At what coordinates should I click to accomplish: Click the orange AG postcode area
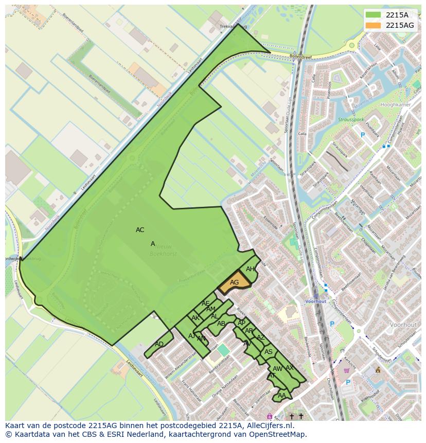234,282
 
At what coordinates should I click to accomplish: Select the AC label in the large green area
140,230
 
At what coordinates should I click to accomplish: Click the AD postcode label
159,344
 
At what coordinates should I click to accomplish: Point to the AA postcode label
281,396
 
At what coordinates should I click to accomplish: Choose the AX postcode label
290,368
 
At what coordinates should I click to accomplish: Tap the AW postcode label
277,369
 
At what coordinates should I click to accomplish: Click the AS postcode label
269,352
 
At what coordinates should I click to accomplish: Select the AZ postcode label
261,338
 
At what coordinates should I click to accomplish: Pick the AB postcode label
221,324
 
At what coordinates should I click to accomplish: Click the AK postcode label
196,318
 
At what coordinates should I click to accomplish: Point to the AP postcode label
241,323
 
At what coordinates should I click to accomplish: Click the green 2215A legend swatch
374,15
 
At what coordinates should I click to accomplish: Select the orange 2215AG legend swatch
374,25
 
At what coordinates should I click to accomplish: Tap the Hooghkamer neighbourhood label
395,104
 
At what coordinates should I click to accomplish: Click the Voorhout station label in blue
315,301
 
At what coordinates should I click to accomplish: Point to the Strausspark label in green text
351,119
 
